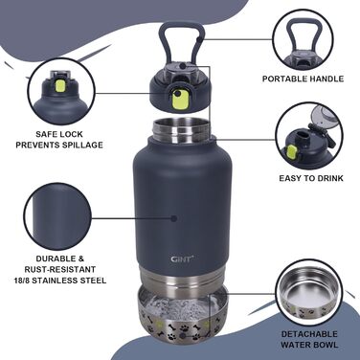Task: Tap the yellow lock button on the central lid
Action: coord(179,99)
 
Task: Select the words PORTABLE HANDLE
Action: coord(303,79)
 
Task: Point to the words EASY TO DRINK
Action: coord(311,178)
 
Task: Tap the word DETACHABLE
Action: coord(309,334)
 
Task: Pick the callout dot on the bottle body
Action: coord(174,218)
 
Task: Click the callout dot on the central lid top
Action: coord(182,66)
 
